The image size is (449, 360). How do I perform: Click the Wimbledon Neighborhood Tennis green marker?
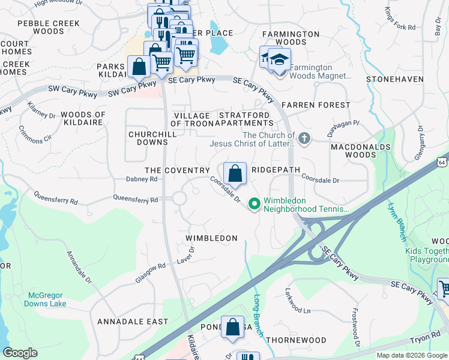pyautogui.click(x=254, y=205)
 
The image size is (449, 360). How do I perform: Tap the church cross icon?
pyautogui.click(x=304, y=139)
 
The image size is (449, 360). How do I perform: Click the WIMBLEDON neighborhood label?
pyautogui.click(x=211, y=238)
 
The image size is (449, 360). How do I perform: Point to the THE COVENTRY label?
pyautogui.click(x=177, y=170)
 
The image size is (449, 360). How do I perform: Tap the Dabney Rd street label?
pyautogui.click(x=142, y=179)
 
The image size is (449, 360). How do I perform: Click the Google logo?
pyautogui.click(x=20, y=353)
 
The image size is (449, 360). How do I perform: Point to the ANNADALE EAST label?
pyautogui.click(x=133, y=322)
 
